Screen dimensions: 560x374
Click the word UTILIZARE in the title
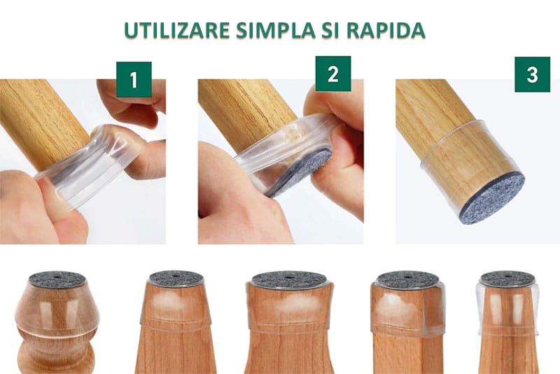(x=176, y=30)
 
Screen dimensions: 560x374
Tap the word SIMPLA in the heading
(x=276, y=30)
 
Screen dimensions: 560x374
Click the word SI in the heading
(x=331, y=30)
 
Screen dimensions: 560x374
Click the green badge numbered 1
(x=134, y=79)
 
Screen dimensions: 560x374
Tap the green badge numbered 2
(x=333, y=74)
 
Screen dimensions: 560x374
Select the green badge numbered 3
(x=532, y=74)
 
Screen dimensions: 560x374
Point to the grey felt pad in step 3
(x=492, y=200)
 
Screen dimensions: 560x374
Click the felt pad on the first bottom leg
(x=57, y=279)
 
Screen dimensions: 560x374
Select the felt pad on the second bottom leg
(x=176, y=278)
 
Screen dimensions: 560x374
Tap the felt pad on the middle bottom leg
(x=289, y=280)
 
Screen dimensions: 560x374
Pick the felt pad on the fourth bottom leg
(x=408, y=279)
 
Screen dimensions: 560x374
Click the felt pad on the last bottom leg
(x=507, y=279)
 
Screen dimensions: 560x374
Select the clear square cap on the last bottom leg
(x=507, y=307)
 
